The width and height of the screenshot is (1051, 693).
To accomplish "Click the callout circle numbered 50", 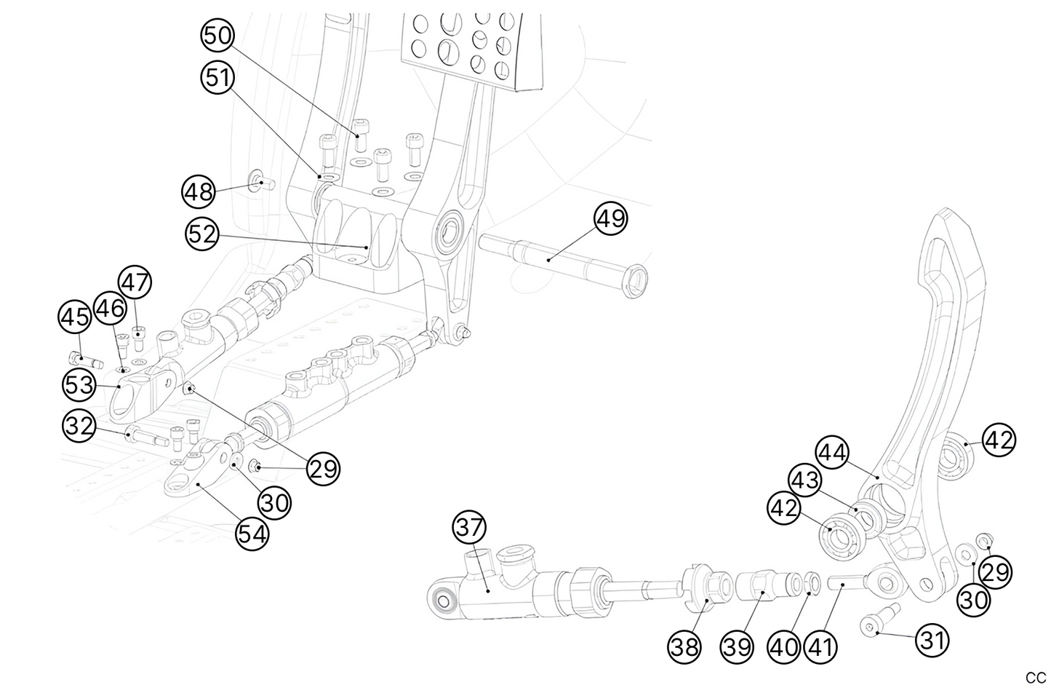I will click(x=217, y=36).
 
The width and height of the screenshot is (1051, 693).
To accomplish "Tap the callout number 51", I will click(x=217, y=78).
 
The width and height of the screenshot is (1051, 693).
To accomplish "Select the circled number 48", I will click(x=199, y=192).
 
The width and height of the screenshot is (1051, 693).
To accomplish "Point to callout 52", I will click(x=203, y=234).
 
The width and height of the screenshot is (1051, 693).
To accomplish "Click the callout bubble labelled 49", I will click(x=611, y=218).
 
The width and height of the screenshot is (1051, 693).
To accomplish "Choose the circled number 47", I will click(x=135, y=283).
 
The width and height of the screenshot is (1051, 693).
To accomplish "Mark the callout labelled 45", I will click(x=75, y=318).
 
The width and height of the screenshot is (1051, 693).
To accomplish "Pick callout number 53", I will click(x=80, y=384).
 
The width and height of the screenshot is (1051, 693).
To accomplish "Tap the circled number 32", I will click(x=80, y=427).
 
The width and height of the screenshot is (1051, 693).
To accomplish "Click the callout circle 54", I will click(x=252, y=534).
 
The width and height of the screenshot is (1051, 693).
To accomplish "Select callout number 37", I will click(x=470, y=526).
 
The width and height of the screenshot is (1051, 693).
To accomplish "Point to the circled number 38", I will click(x=685, y=646).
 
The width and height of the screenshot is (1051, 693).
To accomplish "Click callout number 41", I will click(x=820, y=646).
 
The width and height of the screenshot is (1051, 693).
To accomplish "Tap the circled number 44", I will click(x=832, y=453).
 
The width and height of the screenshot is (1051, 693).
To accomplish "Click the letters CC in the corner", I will click(x=1036, y=678).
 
